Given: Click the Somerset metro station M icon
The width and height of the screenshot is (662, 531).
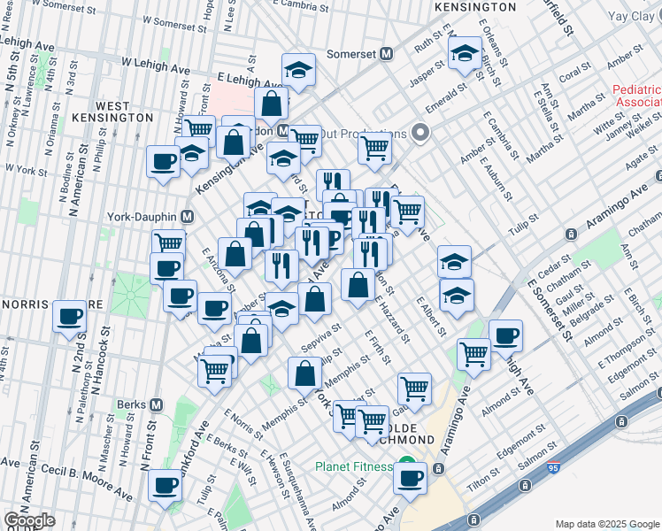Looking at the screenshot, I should coord(386,54).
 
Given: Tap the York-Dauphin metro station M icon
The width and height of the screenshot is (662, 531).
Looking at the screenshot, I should coord(187,216).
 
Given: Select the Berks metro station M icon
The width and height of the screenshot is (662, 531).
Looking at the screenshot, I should coord(156,404).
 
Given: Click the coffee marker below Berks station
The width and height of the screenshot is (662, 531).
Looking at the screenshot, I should coord(165,485).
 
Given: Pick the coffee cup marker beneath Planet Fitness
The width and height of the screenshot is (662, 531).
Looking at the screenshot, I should coord(409,479).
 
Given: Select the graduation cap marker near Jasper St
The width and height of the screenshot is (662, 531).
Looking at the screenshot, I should coord(464,54).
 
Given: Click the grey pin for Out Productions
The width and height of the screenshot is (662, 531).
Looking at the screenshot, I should coord(420,134).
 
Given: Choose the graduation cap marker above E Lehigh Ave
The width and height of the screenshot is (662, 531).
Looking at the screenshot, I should coord(299,70).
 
